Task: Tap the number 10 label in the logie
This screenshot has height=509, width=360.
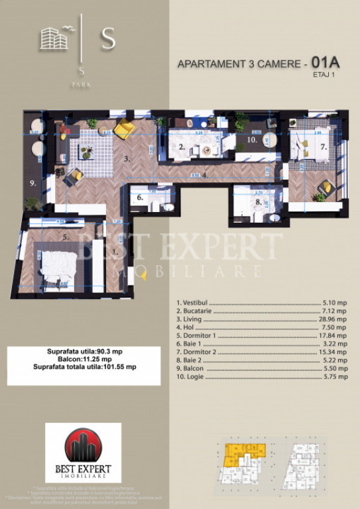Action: (251, 141)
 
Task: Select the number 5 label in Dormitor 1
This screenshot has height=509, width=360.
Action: (65, 235)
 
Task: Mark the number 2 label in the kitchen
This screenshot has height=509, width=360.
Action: (182, 148)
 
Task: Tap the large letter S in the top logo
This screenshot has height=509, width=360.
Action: (107, 40)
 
